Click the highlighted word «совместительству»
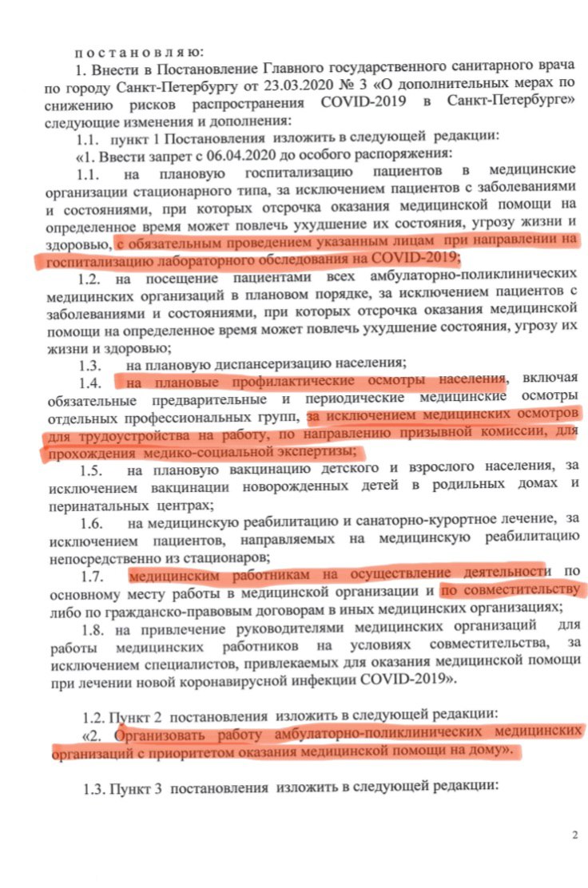pos(512,592)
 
